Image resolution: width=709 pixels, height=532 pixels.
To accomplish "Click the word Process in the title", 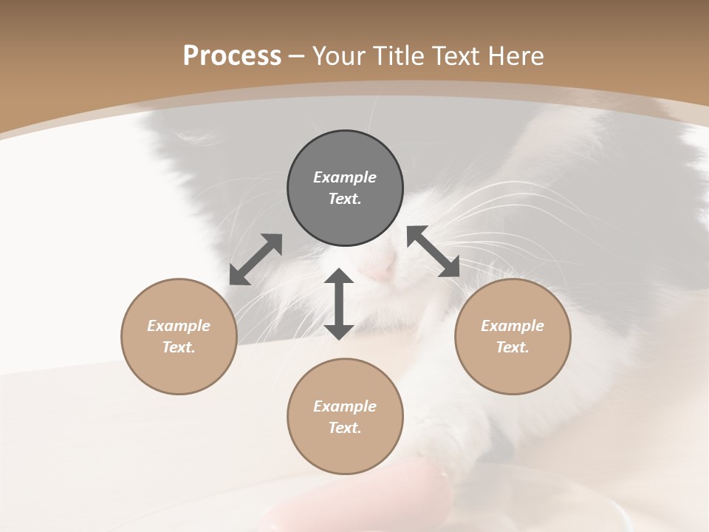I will click(232, 56).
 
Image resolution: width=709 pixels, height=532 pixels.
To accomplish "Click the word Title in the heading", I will click(397, 56).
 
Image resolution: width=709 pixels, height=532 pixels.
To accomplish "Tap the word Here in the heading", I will click(514, 56).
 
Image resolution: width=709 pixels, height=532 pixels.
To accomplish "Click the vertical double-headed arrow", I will click(339, 304).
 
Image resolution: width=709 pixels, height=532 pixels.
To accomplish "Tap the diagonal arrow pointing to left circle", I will click(256, 259).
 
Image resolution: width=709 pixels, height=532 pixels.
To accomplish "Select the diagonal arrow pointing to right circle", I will click(434, 251).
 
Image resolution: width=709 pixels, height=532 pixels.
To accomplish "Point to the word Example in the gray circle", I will click(345, 177).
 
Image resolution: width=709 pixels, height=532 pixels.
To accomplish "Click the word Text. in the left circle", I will click(179, 347).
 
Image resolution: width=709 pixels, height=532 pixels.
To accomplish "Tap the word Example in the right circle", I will click(513, 326).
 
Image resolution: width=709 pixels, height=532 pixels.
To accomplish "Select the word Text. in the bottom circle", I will click(345, 428).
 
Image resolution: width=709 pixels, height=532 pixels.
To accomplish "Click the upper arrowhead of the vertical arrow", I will click(339, 278).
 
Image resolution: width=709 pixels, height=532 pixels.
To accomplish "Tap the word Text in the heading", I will click(455, 56).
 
